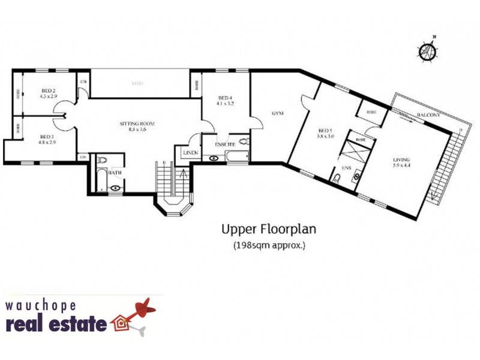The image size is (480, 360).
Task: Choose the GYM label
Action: pyautogui.click(x=277, y=112)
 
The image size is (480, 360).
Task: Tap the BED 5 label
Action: pyautogui.click(x=325, y=132)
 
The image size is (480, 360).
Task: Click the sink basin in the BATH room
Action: pyautogui.click(x=115, y=187)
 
